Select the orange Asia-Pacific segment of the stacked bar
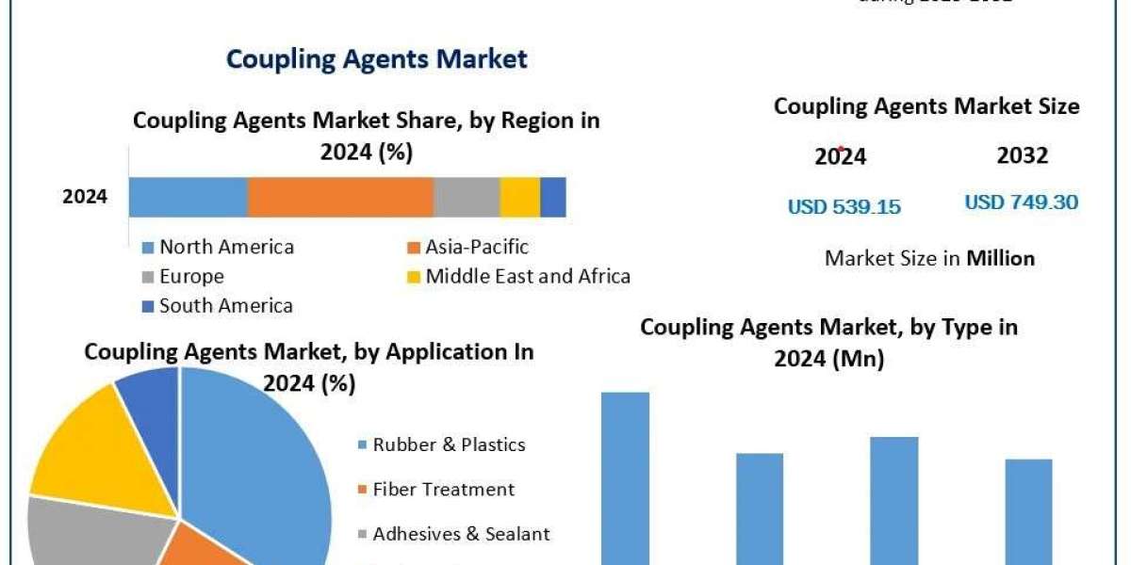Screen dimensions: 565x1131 point(340,197)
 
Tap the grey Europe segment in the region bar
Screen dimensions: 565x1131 point(467,197)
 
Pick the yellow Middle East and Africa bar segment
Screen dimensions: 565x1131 point(519,197)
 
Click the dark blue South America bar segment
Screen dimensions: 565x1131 point(553,197)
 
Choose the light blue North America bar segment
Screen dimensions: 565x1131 point(188,197)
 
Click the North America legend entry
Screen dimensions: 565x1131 point(226,248)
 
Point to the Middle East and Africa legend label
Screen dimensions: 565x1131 point(527,277)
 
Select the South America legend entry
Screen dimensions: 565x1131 point(225,306)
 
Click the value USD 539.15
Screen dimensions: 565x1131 point(844,207)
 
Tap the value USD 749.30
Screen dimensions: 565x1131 point(1022,202)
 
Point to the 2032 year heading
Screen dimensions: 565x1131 point(1022,156)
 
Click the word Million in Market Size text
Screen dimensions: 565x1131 point(1000,258)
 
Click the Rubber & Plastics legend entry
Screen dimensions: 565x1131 point(449,444)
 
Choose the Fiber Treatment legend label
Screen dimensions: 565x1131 point(443,490)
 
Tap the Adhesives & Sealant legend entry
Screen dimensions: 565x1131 point(461,534)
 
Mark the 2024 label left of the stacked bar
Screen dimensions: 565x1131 point(85,198)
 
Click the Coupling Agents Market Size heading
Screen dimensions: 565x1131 point(926,107)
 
